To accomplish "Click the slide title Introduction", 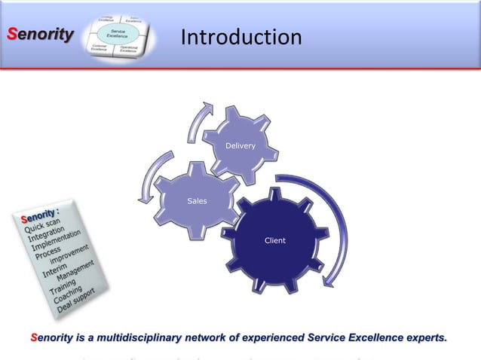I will point(241,37).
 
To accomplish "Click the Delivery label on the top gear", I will point(241,145).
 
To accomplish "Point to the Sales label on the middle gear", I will point(197,201).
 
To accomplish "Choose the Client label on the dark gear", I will point(274,240).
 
